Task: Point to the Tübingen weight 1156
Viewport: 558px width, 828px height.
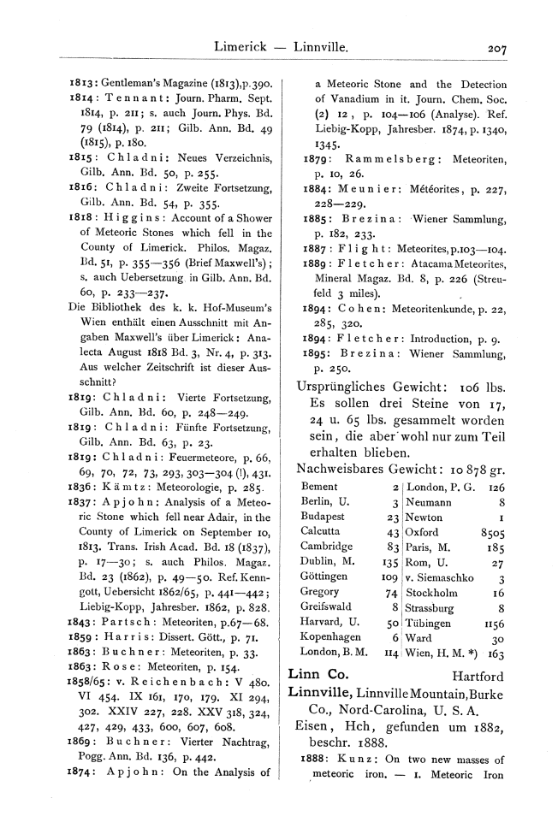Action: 495,624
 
